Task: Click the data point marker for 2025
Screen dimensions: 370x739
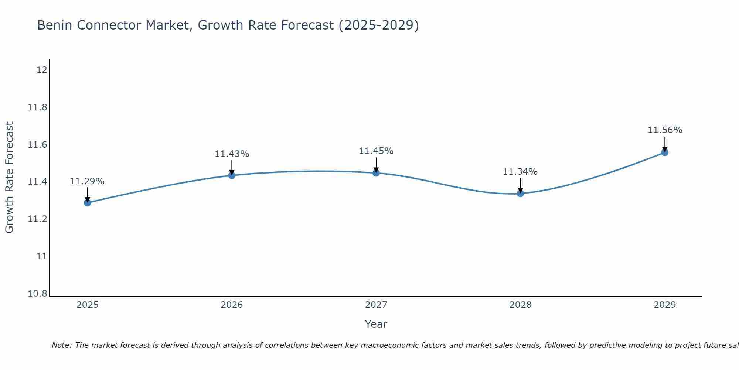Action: point(87,203)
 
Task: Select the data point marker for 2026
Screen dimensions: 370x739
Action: point(232,175)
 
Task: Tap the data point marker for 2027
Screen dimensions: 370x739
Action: point(376,173)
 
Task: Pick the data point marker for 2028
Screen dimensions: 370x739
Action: point(520,193)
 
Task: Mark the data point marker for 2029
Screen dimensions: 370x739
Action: point(665,152)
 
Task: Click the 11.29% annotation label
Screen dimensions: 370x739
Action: point(87,181)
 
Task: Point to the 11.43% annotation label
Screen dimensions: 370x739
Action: point(232,154)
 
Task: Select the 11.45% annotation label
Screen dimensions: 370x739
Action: point(376,151)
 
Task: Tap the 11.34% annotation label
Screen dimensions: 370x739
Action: point(520,172)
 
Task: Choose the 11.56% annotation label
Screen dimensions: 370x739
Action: point(665,130)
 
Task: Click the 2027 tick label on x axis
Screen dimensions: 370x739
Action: point(376,305)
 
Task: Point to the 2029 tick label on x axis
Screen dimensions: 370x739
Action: point(665,305)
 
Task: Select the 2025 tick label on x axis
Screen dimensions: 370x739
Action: point(87,305)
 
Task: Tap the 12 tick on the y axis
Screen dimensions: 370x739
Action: point(42,70)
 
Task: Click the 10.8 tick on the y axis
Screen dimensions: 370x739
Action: point(38,294)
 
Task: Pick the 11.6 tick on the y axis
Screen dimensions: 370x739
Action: point(38,144)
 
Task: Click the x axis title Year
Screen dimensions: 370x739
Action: point(376,324)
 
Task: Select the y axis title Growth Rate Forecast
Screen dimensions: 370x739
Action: point(9,178)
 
